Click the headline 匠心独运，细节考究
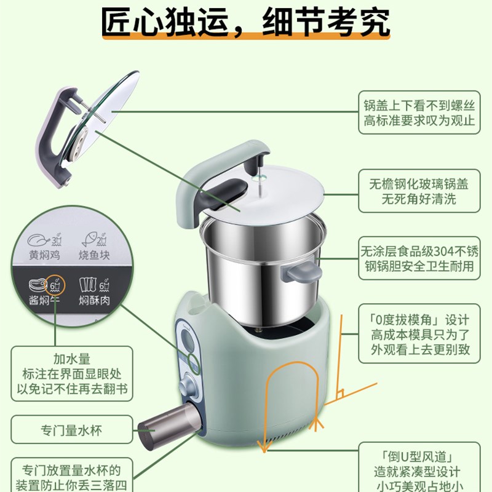[245, 23]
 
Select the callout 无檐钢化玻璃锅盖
[419, 191]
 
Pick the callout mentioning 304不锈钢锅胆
[419, 259]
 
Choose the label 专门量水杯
[72, 428]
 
